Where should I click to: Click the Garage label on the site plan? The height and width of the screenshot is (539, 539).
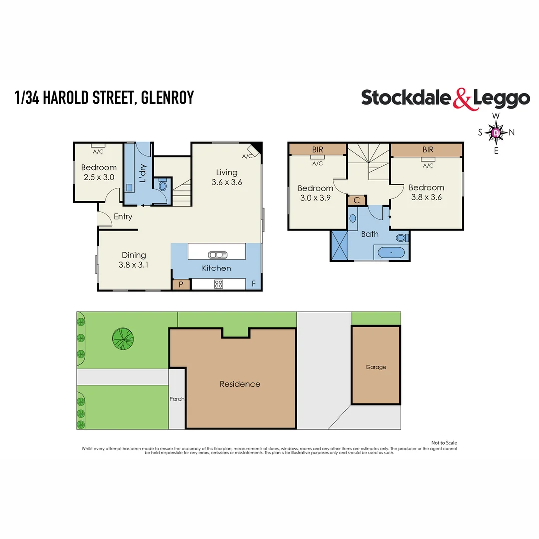pos(376,367)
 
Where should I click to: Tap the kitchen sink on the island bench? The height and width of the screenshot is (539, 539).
pos(217,255)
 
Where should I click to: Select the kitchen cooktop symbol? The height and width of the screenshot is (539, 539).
pos(218,284)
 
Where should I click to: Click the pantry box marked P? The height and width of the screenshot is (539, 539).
pos(181,285)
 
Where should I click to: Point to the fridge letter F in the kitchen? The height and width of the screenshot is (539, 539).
pos(254,284)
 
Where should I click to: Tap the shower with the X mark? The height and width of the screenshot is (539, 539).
pos(339,245)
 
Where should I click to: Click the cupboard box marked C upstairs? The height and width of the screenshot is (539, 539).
pos(357,200)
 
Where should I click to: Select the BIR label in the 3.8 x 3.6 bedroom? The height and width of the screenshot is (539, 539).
pos(428,150)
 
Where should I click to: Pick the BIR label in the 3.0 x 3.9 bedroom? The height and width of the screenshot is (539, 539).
pos(317,150)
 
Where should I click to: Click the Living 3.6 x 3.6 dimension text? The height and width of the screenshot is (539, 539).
pos(226,182)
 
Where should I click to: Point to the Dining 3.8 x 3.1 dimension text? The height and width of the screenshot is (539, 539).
pos(134,265)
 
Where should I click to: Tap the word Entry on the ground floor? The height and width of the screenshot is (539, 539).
pos(123,217)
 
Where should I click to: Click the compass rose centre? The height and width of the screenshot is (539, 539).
pos(496,133)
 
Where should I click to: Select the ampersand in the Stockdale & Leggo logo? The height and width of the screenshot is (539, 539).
pos(462,99)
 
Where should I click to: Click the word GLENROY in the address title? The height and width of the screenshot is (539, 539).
pos(167,97)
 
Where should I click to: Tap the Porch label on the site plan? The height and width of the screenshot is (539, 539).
pos(177,399)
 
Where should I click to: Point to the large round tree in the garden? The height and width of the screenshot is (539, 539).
pos(123,339)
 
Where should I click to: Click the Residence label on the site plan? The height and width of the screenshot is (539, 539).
pos(240,384)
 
